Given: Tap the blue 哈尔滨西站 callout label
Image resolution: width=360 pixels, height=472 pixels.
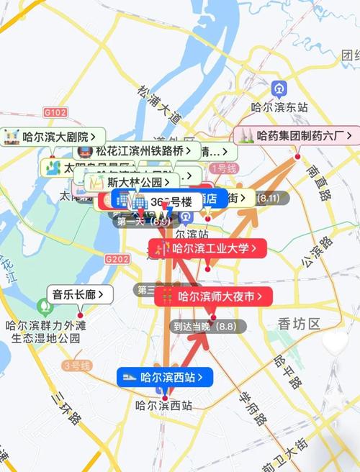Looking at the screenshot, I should [165, 376].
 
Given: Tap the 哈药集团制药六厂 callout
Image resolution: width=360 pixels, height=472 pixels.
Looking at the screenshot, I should [296, 135].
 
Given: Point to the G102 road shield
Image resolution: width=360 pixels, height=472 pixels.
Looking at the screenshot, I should [55, 112].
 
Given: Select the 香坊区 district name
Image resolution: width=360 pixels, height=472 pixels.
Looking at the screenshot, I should [299, 324].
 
